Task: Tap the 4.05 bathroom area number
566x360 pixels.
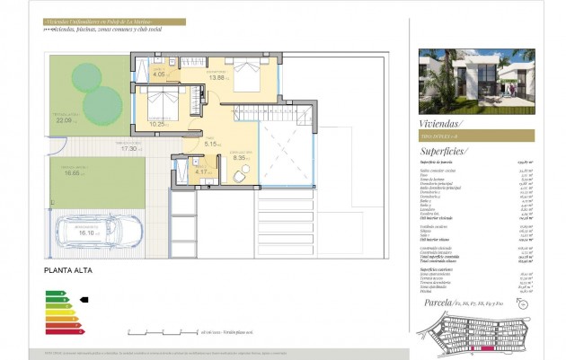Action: [159, 75]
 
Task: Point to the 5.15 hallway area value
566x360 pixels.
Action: [212, 144]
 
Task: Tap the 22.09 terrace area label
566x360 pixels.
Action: [64, 119]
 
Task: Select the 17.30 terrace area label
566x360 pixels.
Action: [104, 148]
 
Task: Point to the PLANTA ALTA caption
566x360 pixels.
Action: [67, 269]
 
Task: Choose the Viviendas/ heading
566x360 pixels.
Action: [441, 120]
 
